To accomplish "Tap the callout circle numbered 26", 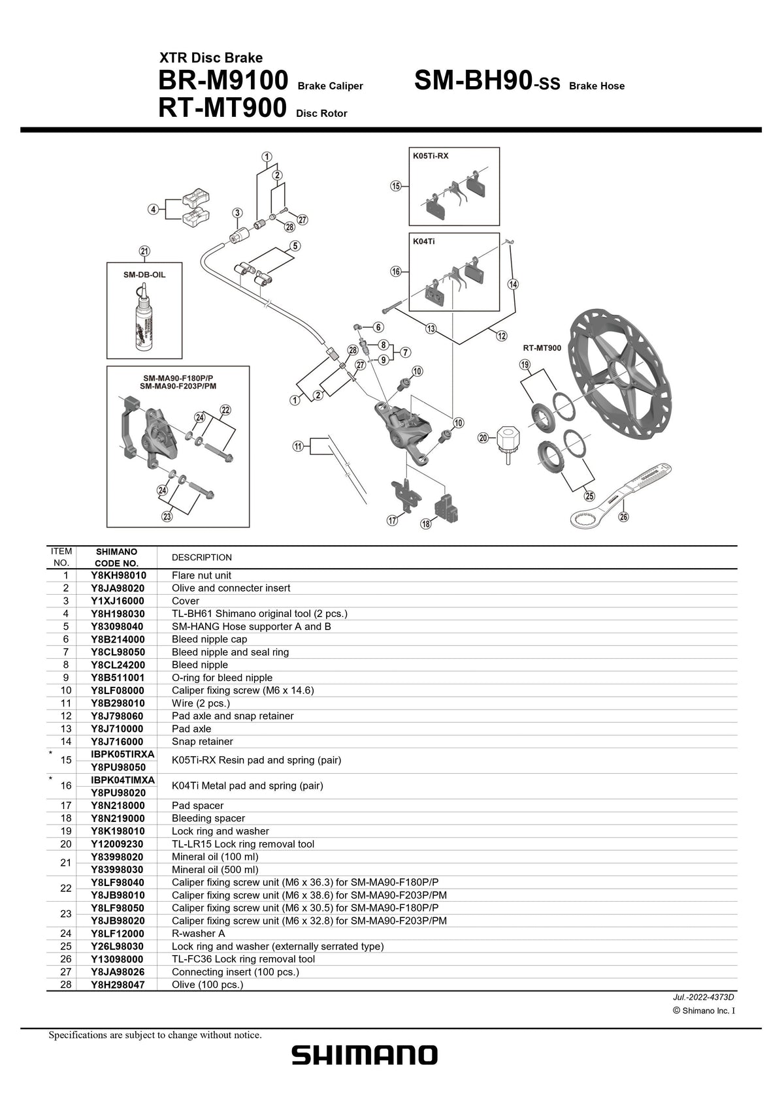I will tap(623, 517).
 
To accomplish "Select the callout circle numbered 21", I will tap(144, 251).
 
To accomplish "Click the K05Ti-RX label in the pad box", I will tap(430, 156).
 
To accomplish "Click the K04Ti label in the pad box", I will tap(423, 241).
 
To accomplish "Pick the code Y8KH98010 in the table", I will tap(118, 575).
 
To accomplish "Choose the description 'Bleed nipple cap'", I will tap(209, 639).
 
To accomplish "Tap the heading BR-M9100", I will tap(222, 81).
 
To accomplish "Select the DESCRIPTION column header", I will tap(201, 558).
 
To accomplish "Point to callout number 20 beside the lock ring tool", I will tap(483, 437).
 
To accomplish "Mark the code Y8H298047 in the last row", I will tap(118, 984).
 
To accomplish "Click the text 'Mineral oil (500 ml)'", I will tap(215, 870).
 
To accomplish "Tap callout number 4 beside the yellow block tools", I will tap(154, 210).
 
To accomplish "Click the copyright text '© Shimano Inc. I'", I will tap(703, 1011).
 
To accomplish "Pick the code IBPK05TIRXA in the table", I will tap(123, 754).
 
